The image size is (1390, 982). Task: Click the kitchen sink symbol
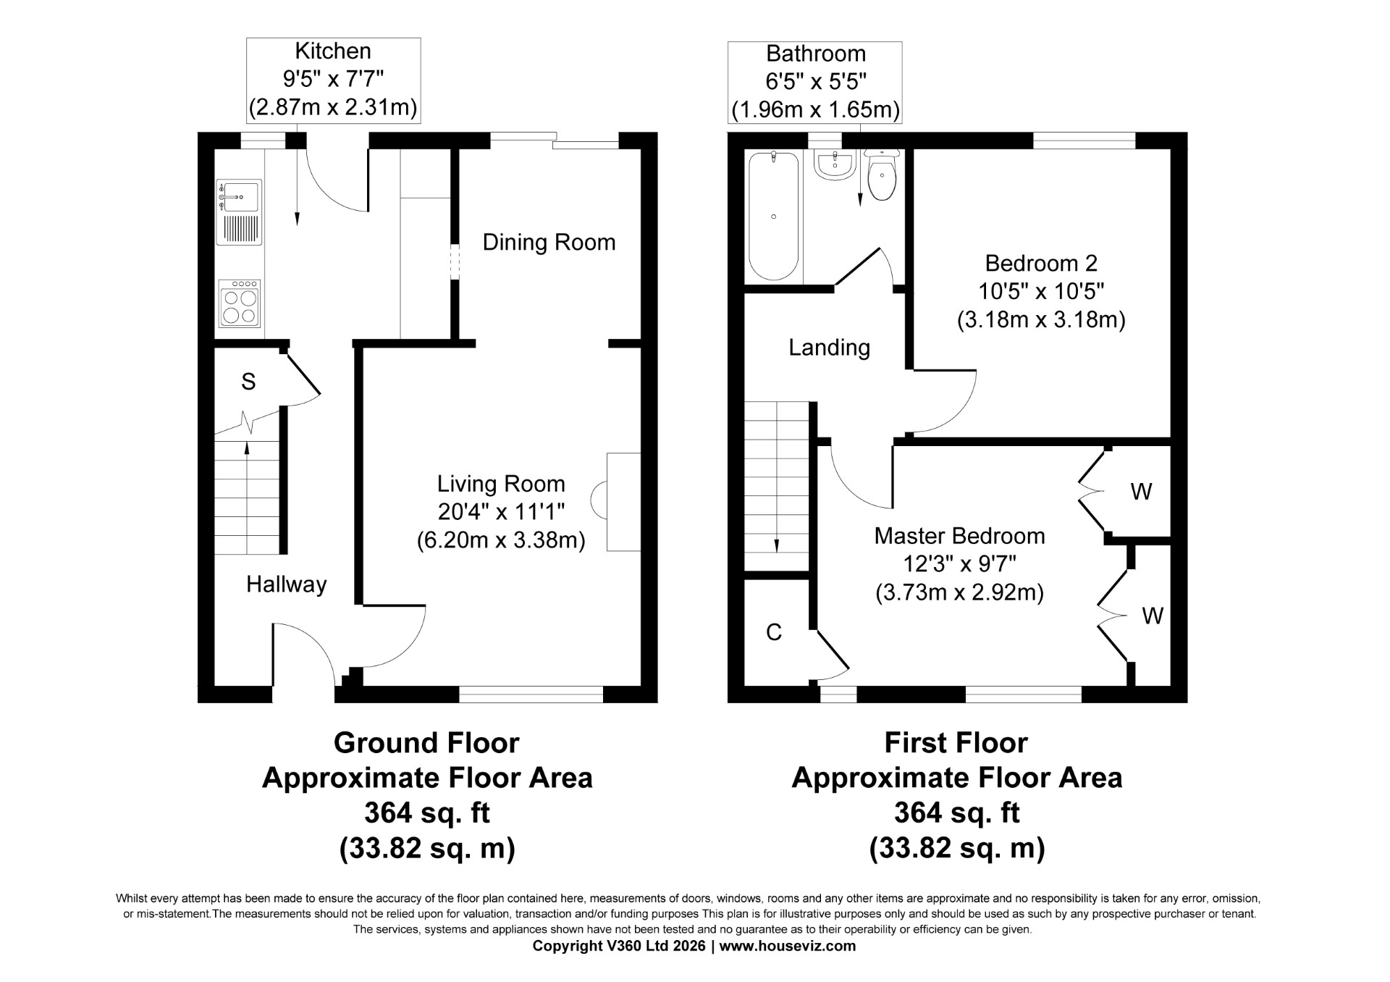tap(239, 212)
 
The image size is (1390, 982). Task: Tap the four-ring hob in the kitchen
tap(240, 303)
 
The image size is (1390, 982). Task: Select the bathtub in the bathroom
tap(774, 216)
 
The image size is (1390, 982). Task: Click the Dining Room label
tap(549, 242)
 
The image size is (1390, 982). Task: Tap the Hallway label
tap(286, 584)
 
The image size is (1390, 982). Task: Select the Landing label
tap(829, 348)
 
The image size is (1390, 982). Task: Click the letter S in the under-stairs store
tap(248, 382)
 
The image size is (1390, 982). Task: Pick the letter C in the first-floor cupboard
tap(774, 632)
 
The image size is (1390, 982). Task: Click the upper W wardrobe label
tap(1141, 492)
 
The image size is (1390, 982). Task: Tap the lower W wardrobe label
tap(1153, 616)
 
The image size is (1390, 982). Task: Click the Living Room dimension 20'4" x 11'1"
tap(501, 512)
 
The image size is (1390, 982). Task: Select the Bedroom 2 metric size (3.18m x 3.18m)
tap(1041, 320)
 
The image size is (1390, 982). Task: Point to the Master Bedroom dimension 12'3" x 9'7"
tap(959, 563)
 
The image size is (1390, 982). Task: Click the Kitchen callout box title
tap(333, 51)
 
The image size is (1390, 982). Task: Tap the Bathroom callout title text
tap(816, 54)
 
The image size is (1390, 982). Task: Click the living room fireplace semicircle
tap(599, 500)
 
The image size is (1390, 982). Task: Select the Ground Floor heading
tap(426, 743)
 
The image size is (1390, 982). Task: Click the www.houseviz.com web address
tap(788, 946)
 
